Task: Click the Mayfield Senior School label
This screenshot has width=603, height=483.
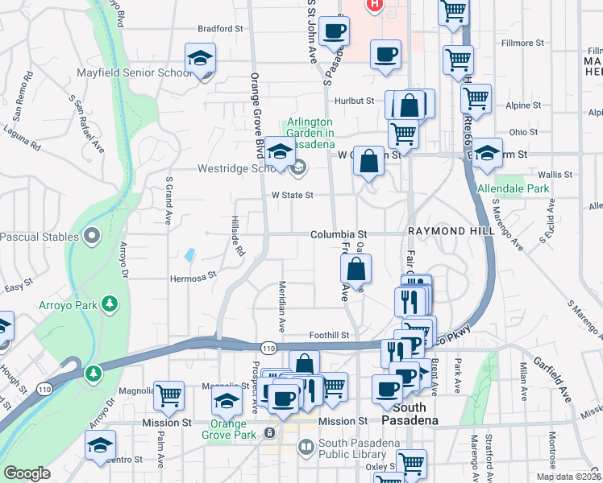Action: [134, 72]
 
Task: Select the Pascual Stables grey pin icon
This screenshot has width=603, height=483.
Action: [91, 237]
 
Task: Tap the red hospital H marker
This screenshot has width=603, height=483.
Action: [374, 5]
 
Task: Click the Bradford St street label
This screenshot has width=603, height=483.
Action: [220, 28]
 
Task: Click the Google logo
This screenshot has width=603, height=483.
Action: [27, 473]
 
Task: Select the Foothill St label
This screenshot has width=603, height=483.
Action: [329, 335]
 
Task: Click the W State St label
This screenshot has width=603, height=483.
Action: [292, 195]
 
